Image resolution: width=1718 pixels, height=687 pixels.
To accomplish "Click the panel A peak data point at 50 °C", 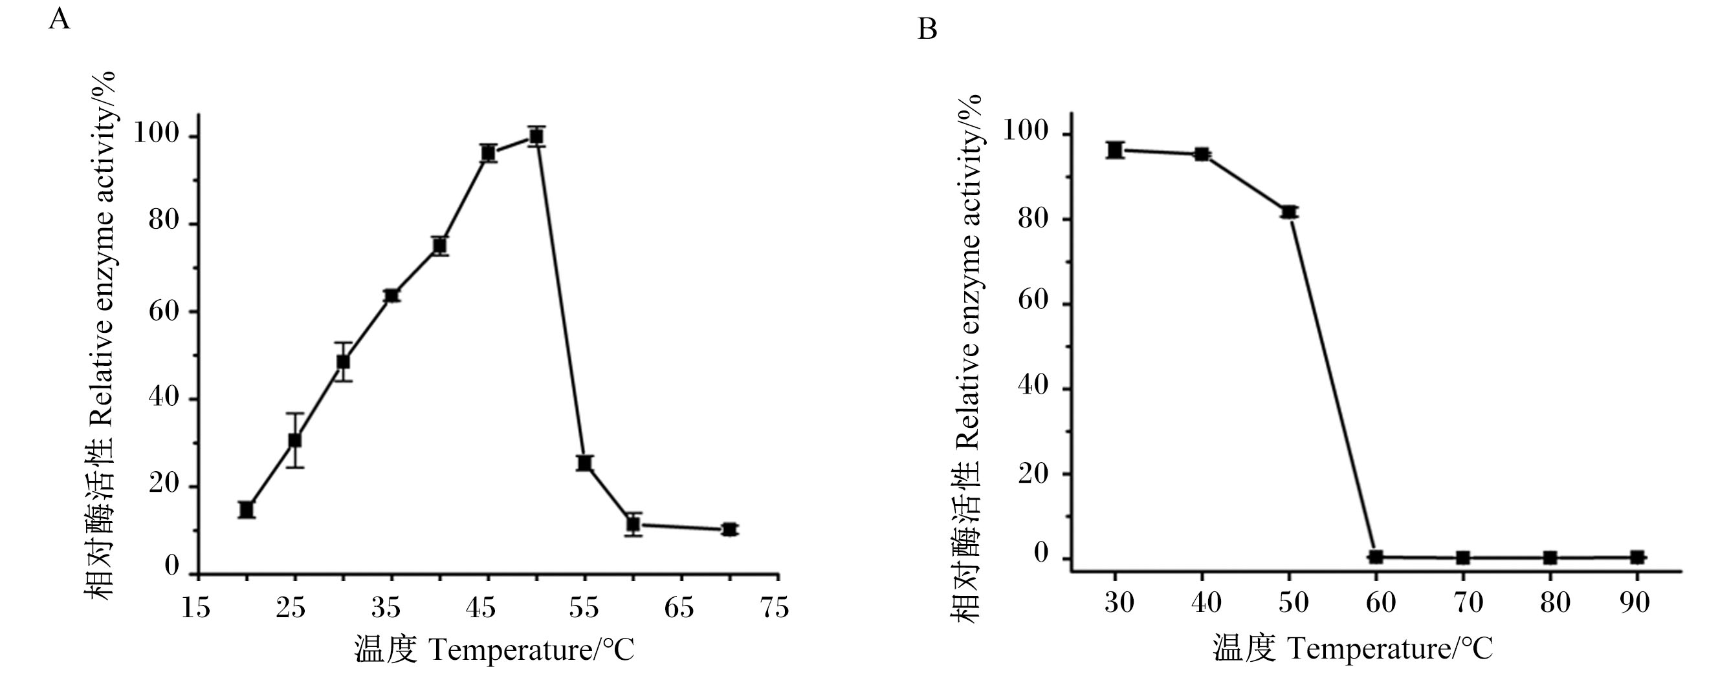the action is pos(536,136).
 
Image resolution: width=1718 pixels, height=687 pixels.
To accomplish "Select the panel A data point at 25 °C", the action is pos(295,441).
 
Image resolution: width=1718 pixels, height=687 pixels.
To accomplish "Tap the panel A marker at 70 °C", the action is pos(730,530).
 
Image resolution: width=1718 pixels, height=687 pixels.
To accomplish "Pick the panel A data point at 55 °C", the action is pos(585,463).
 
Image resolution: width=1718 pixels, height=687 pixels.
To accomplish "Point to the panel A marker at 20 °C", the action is pos(247,510).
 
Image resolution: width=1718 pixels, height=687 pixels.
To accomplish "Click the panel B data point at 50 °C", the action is pos(1288,213).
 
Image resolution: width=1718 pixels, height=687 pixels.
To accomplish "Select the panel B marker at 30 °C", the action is pos(1114,150).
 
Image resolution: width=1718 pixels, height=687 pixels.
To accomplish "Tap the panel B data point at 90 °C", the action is pos(1636,557).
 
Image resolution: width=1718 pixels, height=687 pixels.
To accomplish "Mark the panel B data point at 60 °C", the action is pos(1375,556).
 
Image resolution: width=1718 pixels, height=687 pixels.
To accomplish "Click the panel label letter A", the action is pos(60,19).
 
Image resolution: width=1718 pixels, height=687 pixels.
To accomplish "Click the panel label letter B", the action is pos(928,29).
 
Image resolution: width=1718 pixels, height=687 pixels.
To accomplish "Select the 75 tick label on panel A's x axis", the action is pos(775,608).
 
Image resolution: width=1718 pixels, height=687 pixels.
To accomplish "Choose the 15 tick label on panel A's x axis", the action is pos(196,608).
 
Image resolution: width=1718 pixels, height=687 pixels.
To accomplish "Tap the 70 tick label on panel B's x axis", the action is pos(1468,603).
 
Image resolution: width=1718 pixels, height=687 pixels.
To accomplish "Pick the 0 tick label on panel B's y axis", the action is pos(1041,553).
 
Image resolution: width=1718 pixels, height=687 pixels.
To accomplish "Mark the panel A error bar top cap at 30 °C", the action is pos(344,343).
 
